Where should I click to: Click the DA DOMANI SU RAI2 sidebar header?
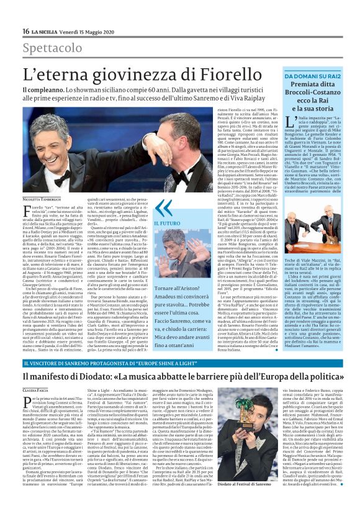point(305,75)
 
